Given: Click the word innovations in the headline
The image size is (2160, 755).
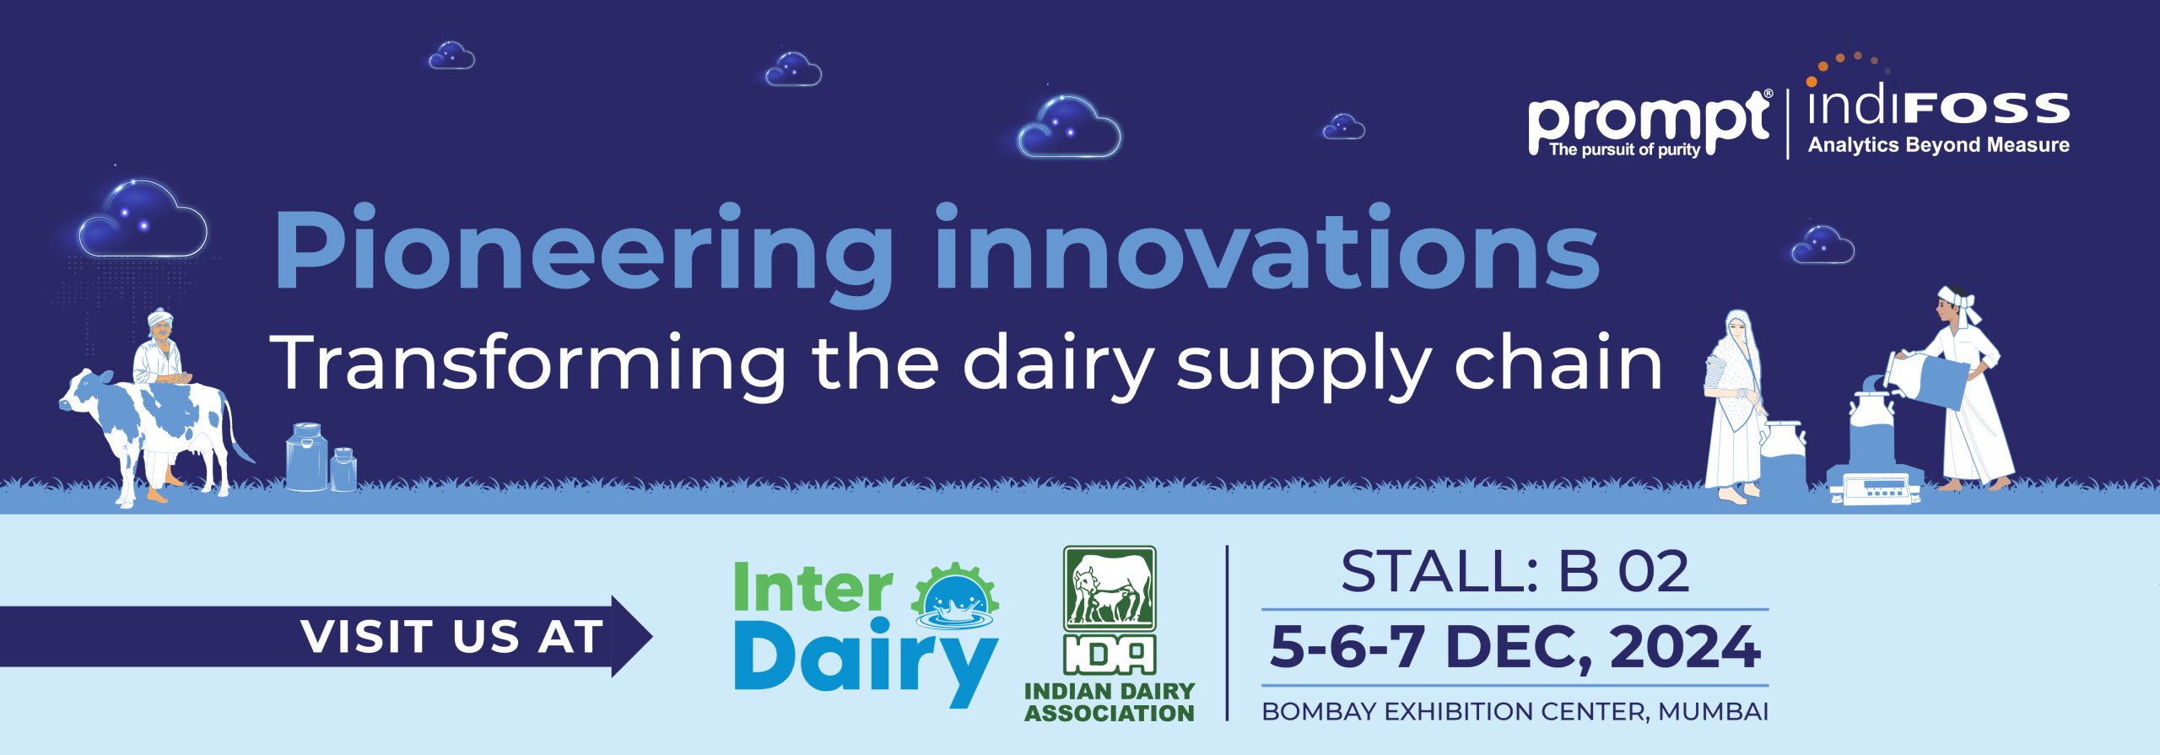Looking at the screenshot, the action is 1267,247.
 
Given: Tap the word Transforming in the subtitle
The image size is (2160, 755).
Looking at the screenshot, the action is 526,364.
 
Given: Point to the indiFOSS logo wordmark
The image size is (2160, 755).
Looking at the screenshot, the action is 1937,105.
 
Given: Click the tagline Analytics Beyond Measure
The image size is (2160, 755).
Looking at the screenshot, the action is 1938,145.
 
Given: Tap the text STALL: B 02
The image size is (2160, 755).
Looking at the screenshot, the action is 1515,571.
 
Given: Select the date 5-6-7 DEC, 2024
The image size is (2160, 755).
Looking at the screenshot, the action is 1515,647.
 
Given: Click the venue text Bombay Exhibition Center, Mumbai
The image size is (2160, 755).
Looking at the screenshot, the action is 1515,711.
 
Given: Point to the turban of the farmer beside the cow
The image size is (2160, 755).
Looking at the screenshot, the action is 160,320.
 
